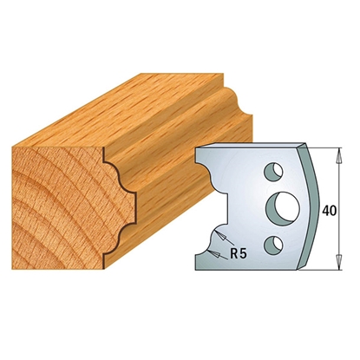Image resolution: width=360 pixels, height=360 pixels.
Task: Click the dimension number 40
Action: pyautogui.click(x=329, y=212)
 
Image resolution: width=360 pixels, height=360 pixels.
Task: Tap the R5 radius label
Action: pyautogui.click(x=239, y=254)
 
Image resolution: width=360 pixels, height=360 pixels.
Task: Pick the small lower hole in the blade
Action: pyautogui.click(x=272, y=243)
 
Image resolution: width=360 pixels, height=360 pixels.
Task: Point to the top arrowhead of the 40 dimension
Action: pyautogui.click(x=339, y=156)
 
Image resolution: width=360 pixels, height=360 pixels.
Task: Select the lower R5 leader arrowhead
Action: pyautogui.click(x=214, y=254)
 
